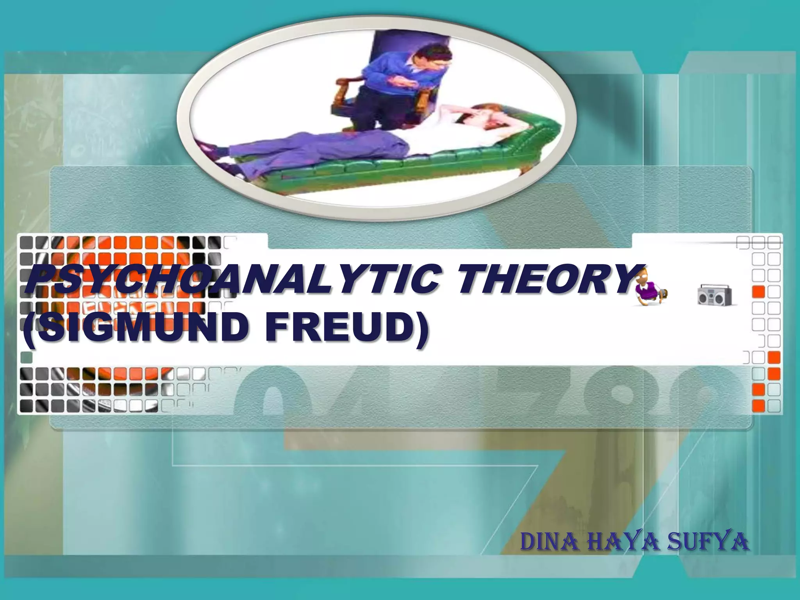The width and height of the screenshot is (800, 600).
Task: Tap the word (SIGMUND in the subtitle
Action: (x=135, y=327)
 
